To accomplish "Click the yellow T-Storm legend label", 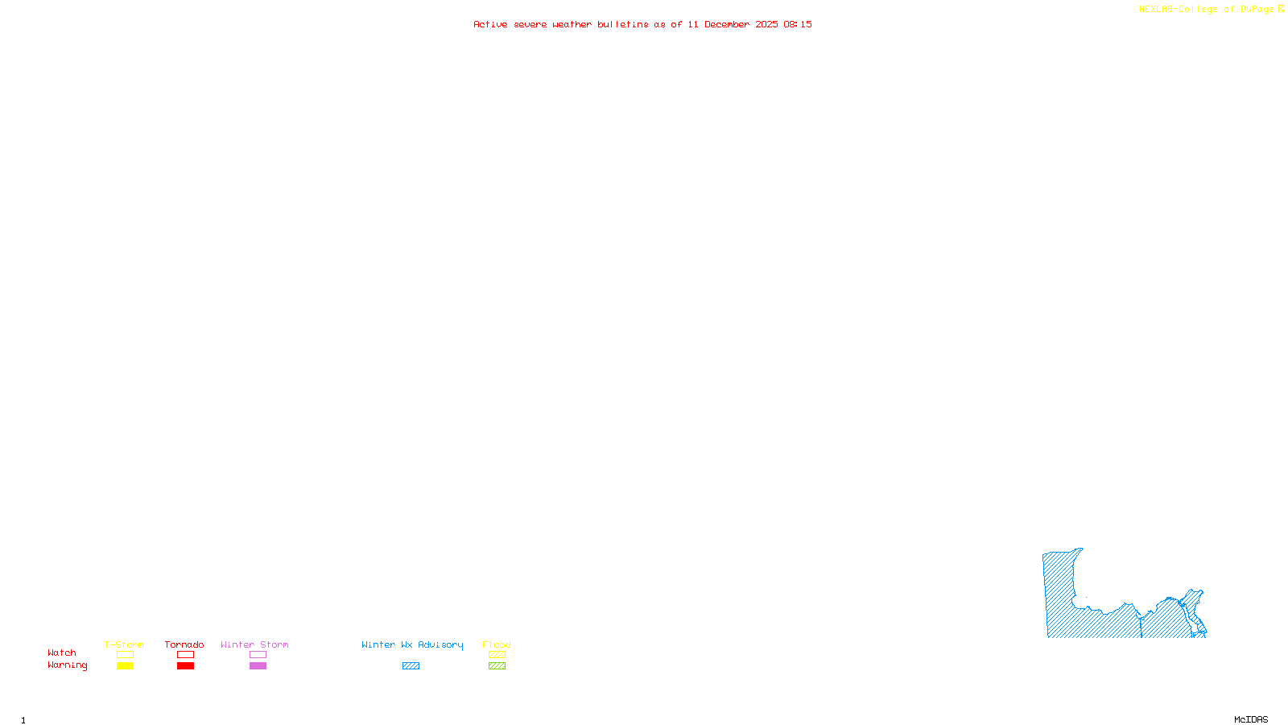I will click(x=124, y=644).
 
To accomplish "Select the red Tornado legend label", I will click(x=184, y=644).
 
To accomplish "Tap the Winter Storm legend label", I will click(x=254, y=644).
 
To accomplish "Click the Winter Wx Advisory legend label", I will click(x=412, y=644).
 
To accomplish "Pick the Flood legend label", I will click(x=497, y=644).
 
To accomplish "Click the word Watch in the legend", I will click(x=62, y=652).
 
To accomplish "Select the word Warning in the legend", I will click(x=68, y=665).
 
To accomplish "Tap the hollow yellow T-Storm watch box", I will click(x=125, y=655).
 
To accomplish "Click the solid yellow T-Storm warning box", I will click(x=125, y=666).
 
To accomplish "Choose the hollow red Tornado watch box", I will click(x=186, y=655).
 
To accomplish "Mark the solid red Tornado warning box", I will click(x=186, y=666).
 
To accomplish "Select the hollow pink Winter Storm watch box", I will click(x=258, y=655).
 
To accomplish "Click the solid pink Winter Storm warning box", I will click(x=258, y=666).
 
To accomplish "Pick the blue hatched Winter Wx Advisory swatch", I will click(x=411, y=666).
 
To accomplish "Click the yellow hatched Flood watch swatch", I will click(x=497, y=655).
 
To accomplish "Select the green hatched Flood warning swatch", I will click(x=497, y=666).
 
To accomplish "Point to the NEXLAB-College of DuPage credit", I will click(x=1211, y=9).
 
